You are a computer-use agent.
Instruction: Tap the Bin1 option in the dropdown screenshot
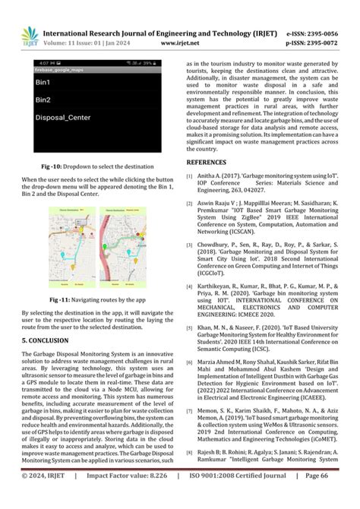pyautogui.click(x=44, y=82)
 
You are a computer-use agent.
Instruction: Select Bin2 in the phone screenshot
pyautogui.click(x=44, y=100)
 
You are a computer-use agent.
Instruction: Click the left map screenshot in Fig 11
pyautogui.click(x=70, y=249)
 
